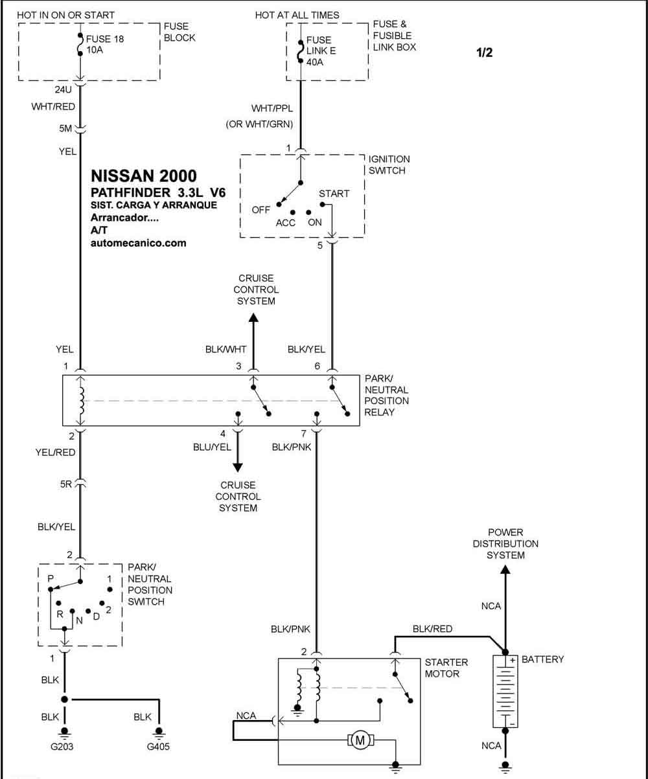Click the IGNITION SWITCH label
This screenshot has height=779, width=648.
[x=389, y=164]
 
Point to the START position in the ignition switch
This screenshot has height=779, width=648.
[x=334, y=194]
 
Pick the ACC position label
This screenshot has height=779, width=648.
[x=285, y=223]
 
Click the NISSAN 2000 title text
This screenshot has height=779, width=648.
[x=144, y=176]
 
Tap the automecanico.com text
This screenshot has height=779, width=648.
[x=139, y=243]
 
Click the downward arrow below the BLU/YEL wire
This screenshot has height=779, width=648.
[x=238, y=466]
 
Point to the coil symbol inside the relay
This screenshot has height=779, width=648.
[x=81, y=401]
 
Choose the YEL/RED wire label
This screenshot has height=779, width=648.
[x=56, y=453]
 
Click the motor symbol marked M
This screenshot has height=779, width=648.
[x=358, y=739]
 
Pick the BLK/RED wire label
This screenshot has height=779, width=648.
[x=432, y=629]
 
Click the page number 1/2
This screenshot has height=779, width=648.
[x=484, y=53]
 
